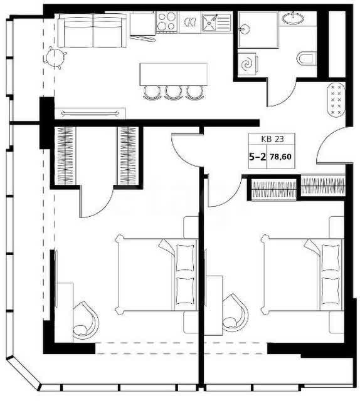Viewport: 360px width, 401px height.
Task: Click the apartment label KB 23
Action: tap(272, 139)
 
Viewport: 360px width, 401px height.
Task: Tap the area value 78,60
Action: tap(281, 157)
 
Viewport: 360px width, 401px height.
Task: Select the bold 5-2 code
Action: tap(258, 157)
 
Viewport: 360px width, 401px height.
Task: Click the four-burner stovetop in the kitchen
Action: tap(167, 22)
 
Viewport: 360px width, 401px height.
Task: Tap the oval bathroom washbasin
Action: tap(293, 18)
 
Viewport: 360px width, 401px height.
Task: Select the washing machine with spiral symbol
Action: tap(248, 64)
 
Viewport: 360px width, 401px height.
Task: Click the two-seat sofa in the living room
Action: tap(92, 30)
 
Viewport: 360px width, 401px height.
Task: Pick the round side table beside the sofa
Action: tap(55, 58)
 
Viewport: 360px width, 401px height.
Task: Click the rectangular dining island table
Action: tap(174, 74)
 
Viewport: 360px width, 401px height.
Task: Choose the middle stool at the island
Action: tap(173, 93)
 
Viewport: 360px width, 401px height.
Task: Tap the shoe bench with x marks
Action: tap(336, 100)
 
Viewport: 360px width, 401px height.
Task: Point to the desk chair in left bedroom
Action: tap(86, 321)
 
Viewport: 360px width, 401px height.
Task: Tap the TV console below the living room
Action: tap(90, 113)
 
